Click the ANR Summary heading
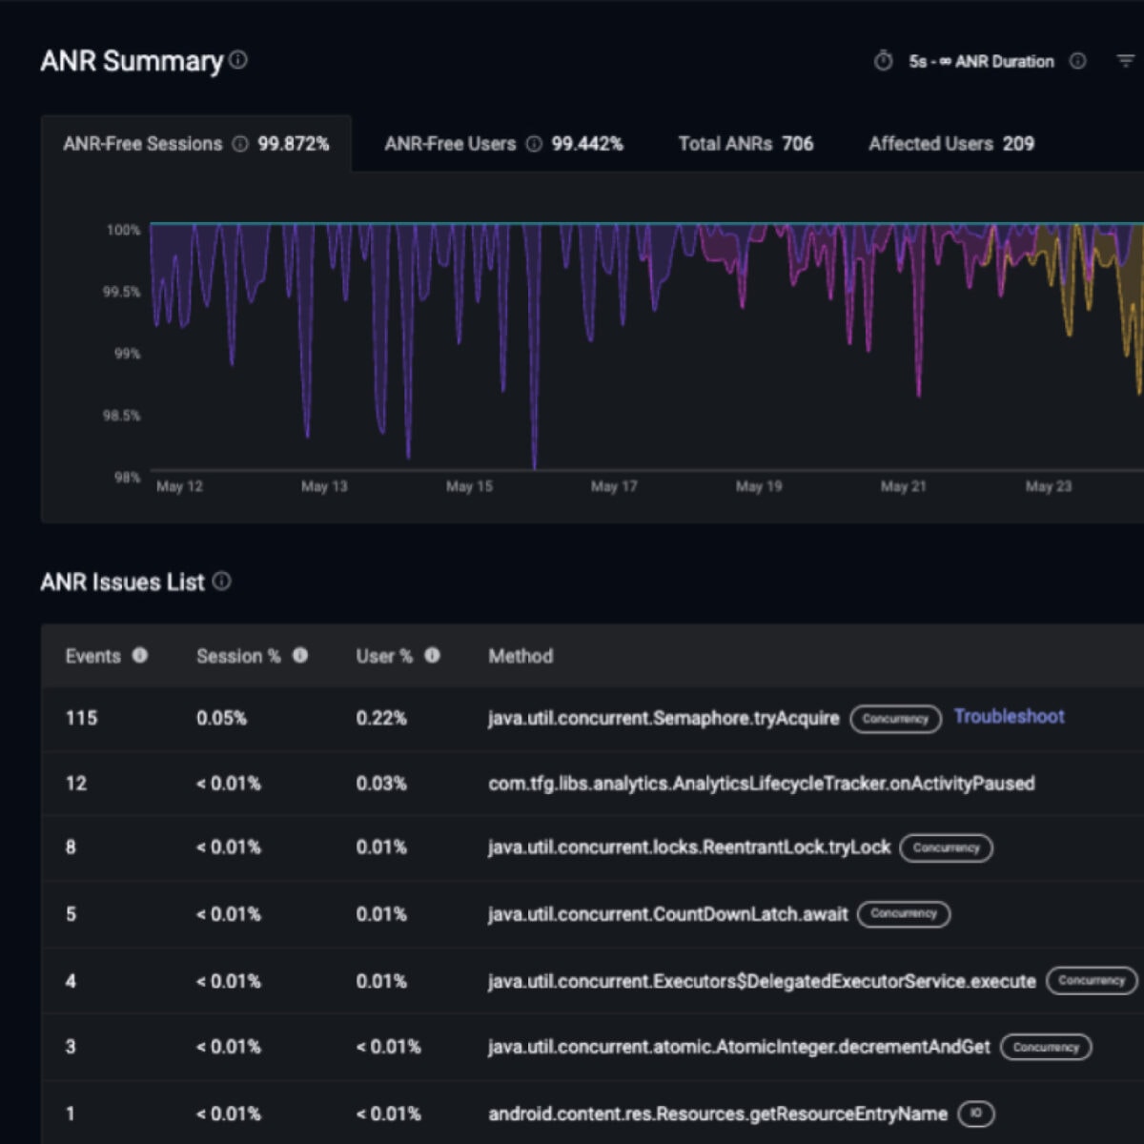point(132,61)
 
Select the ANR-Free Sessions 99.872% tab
point(195,144)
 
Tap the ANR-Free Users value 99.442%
point(587,144)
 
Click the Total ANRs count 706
point(797,144)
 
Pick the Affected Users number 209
point(1018,144)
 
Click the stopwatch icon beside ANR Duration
point(884,61)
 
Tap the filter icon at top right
point(1125,61)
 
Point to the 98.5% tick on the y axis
point(121,416)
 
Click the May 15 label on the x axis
point(469,486)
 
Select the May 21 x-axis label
point(903,486)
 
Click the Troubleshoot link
point(1009,717)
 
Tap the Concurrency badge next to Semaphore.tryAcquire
point(895,719)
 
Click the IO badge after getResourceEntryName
point(975,1113)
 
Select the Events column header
point(92,656)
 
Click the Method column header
point(521,656)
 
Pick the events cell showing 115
point(81,718)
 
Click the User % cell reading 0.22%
point(381,718)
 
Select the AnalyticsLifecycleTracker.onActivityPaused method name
point(761,784)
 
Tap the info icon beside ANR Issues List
point(221,582)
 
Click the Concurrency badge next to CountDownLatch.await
point(904,914)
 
